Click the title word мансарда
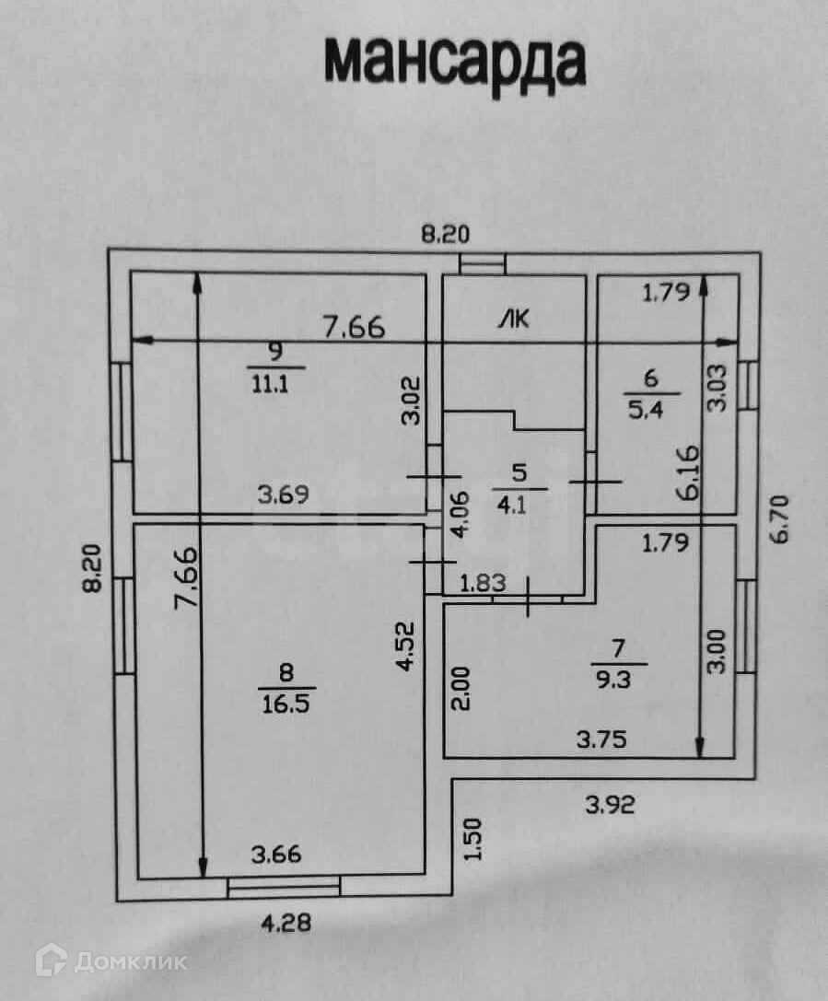455,63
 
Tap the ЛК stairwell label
513,319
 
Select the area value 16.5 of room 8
287,700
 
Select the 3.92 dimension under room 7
611,805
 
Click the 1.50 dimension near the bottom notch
473,839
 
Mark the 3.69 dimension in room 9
282,494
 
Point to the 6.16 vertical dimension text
687,471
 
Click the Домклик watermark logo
111,962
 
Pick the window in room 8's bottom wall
284,886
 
